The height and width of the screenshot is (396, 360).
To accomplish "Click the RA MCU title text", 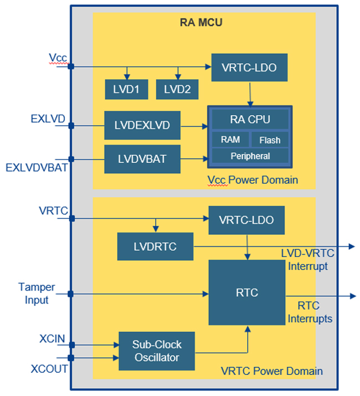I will pos(201,23).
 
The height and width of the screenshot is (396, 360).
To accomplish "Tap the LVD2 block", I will pos(177,90).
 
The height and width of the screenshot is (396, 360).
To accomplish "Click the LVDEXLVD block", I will pos(142,126).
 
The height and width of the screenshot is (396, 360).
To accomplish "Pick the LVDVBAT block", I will pos(142,159).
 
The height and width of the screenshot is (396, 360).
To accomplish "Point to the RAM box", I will pos(230,140).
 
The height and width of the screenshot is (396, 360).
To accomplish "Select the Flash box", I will pos(270,140).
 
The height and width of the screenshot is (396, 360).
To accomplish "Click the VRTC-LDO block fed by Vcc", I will pos(250,68).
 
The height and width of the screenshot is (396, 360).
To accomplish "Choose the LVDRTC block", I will pos(155,246).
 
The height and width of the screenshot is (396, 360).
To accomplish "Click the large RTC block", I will pos(246,292).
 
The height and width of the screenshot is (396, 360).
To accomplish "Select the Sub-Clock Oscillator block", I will pos(157,351).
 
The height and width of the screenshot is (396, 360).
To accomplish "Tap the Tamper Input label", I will pos(36,294).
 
